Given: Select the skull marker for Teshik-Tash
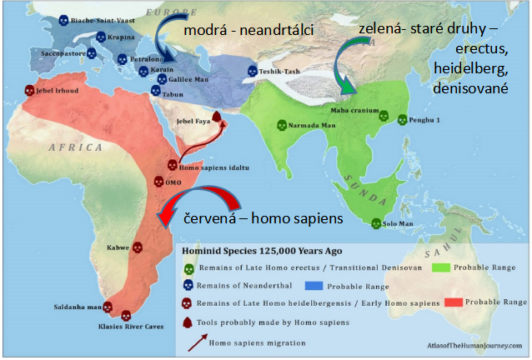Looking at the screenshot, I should point(253,72).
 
